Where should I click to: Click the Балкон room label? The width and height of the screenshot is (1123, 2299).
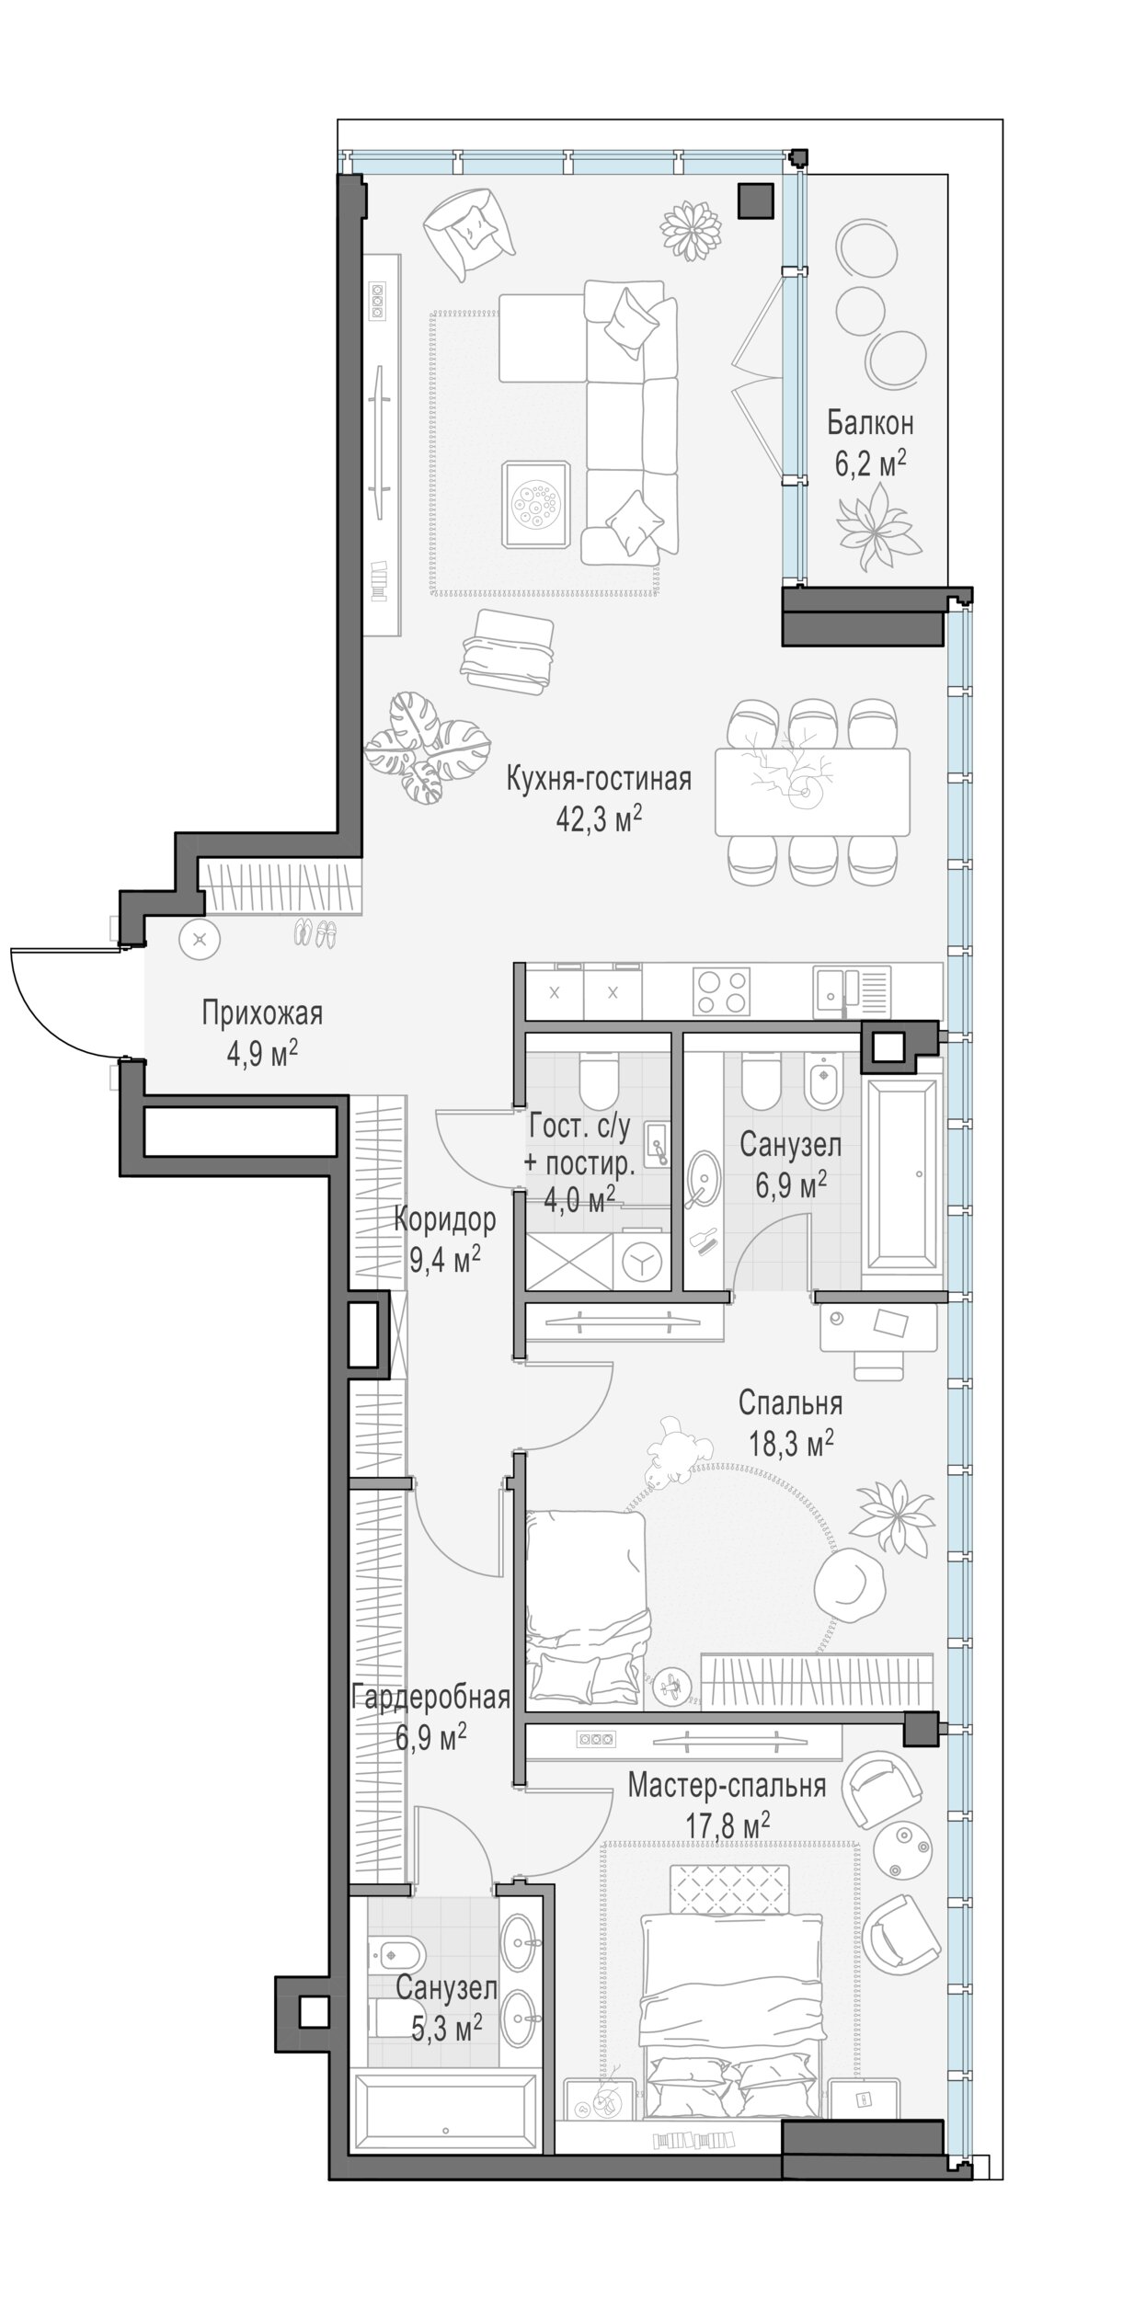coord(869,424)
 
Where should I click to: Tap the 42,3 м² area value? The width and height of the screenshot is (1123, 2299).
coord(598,819)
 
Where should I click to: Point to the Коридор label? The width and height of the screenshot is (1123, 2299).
coord(445,1219)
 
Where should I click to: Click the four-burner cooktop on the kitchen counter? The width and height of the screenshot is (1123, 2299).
coord(722,990)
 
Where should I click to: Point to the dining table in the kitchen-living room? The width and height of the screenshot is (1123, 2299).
coord(812,791)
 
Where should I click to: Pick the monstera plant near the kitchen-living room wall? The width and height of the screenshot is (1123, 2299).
coord(427,749)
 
